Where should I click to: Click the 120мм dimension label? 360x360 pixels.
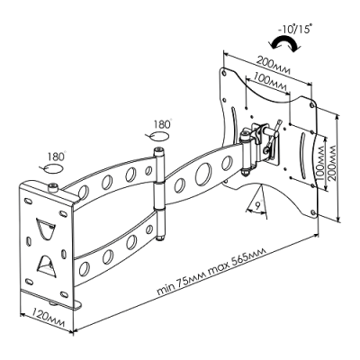pos(48,317)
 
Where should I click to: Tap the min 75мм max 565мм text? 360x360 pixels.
pos(211,271)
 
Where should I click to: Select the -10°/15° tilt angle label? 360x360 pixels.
pos(295,30)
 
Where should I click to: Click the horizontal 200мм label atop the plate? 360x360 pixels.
pos(273,67)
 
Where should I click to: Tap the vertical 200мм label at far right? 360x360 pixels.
pos(331,163)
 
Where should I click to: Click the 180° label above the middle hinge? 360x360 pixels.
pos(162,124)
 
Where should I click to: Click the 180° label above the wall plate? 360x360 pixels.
pos(56,157)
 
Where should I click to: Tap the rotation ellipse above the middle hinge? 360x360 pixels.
pos(159,136)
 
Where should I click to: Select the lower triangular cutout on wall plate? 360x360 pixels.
pos(46,265)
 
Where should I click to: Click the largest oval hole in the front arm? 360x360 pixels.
pos(202,174)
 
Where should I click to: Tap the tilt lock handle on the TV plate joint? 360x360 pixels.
pos(273,137)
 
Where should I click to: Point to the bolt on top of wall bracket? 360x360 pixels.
pos(53,188)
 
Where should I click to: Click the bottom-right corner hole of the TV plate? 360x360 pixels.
pos(313,213)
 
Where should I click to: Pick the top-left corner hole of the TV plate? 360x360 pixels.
pos(224,73)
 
